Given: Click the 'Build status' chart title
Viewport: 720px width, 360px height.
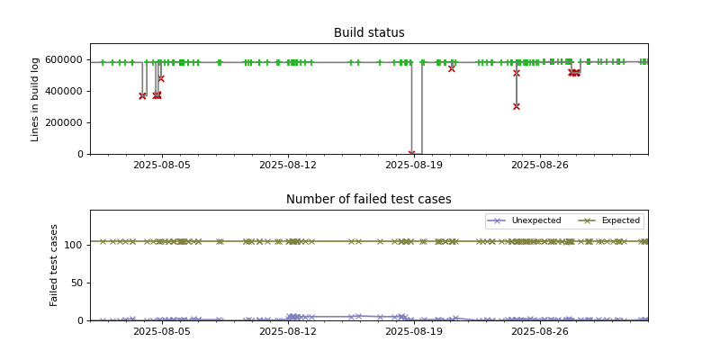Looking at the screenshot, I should click(369, 33).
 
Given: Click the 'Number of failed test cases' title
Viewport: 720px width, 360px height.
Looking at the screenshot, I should click(369, 200).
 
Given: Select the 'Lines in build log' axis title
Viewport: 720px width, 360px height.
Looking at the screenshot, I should click(36, 99).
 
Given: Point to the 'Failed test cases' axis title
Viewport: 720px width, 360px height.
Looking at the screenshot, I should click(54, 265).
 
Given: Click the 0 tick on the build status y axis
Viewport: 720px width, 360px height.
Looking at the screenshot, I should click(81, 154).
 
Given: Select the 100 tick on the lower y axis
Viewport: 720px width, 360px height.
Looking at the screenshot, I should click(75, 245).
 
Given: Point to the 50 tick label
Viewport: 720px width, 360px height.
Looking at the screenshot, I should click(77, 283).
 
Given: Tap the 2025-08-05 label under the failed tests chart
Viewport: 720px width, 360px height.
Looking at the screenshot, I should click(162, 332).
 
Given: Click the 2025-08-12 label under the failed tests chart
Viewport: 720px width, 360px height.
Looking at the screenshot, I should click(288, 332).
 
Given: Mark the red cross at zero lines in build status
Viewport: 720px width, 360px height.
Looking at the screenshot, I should click(412, 154).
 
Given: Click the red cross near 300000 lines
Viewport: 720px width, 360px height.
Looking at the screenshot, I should click(517, 106).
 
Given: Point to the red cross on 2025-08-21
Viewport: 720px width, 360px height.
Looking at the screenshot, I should click(452, 68).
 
